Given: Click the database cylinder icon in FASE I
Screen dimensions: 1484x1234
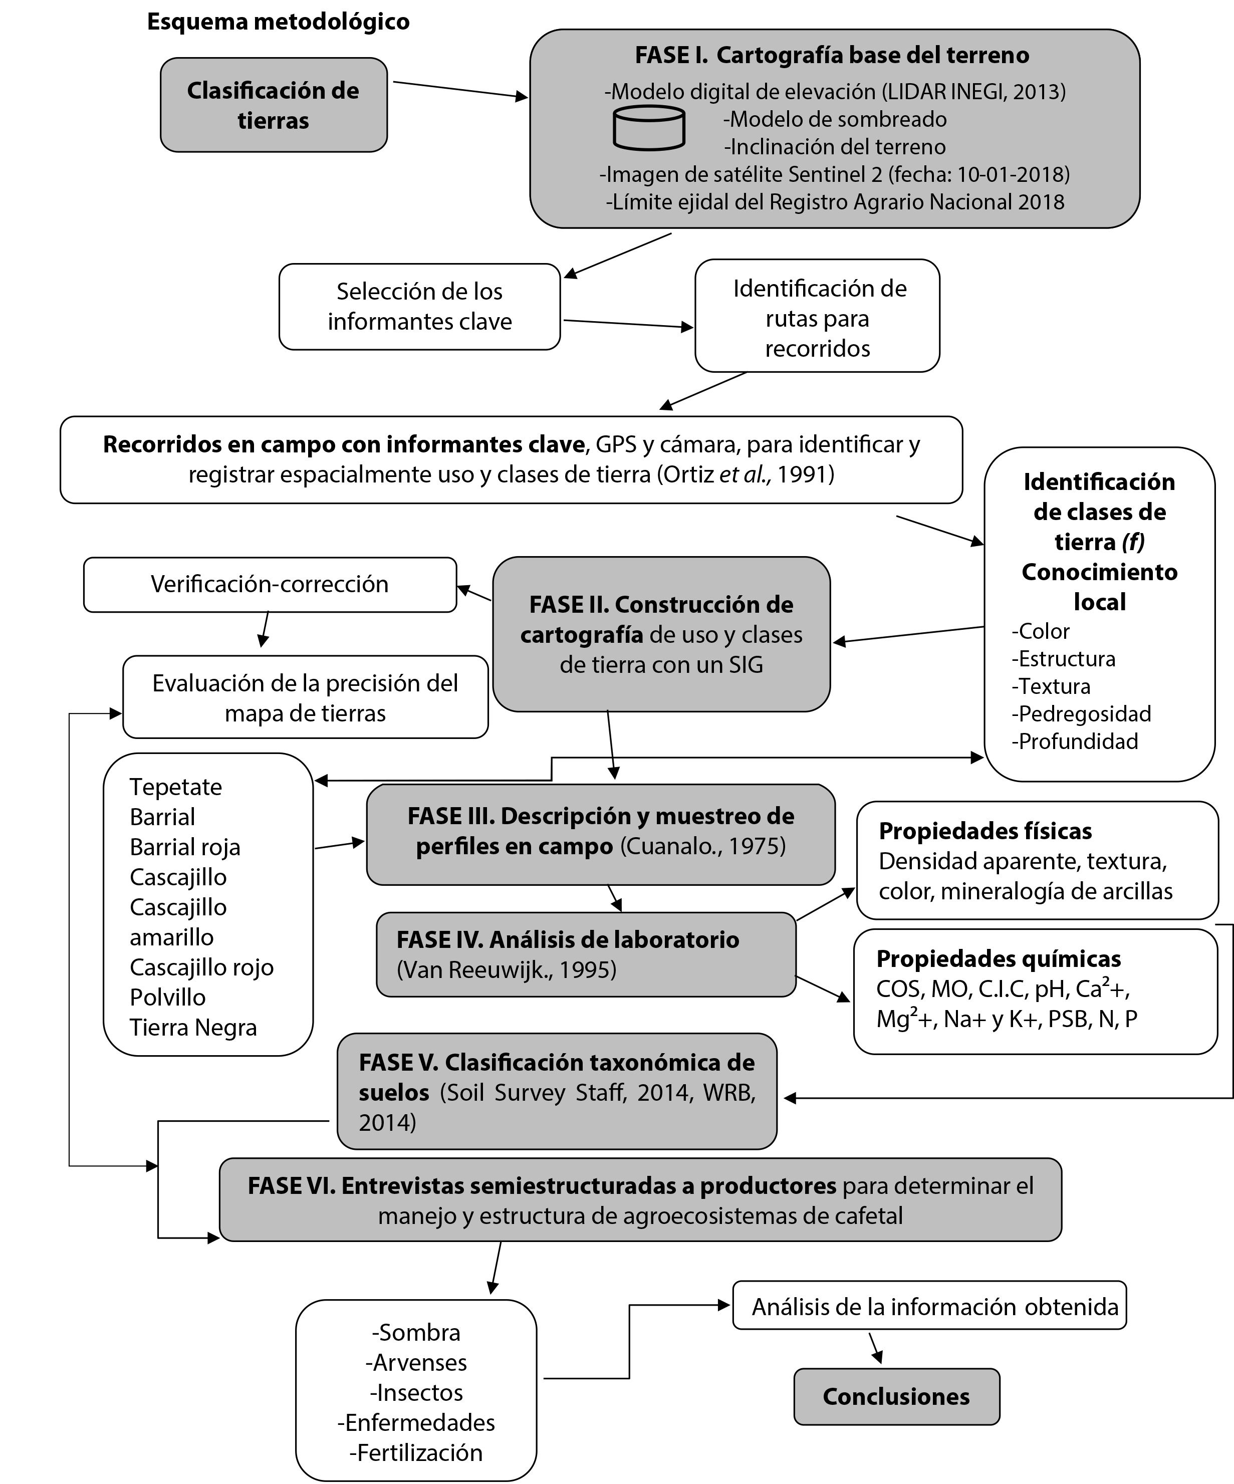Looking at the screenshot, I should (648, 128).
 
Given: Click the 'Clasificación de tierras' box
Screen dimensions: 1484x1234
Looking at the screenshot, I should (274, 105).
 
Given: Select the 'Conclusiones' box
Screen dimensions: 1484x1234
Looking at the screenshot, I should (896, 1396).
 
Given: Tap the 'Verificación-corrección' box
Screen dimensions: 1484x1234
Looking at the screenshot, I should (270, 584).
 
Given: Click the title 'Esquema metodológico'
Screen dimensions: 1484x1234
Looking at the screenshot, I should (278, 22).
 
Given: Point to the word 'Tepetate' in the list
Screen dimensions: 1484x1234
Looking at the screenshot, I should (176, 787).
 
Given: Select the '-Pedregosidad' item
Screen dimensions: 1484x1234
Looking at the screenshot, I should (1081, 714).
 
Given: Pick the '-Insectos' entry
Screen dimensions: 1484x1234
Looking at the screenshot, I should (416, 1392).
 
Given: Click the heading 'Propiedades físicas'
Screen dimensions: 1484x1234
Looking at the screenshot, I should (985, 831).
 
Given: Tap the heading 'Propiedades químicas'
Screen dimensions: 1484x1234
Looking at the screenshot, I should (998, 959).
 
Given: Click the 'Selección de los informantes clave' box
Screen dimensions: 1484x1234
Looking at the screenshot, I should (419, 307).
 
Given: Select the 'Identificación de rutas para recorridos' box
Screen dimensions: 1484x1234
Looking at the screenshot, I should (818, 318).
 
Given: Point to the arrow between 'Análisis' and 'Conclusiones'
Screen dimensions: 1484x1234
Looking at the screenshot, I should (876, 1348).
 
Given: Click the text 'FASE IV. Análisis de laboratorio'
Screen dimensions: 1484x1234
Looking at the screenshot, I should (568, 940).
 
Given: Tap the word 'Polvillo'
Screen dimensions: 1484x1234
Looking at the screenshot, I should (167, 997).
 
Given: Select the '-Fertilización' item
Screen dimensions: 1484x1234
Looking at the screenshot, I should (416, 1452).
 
